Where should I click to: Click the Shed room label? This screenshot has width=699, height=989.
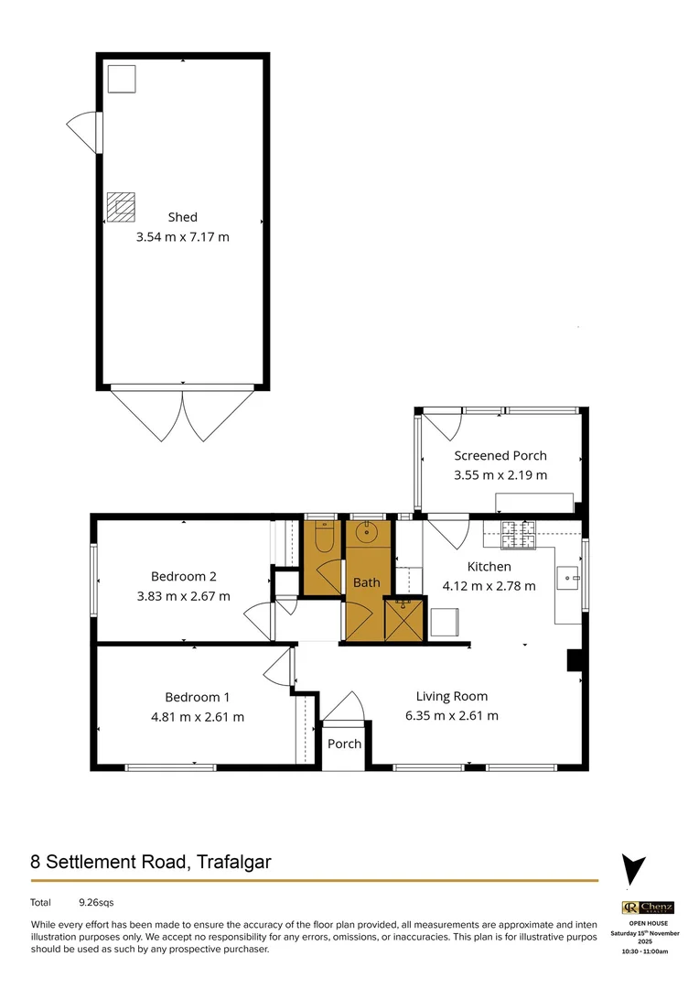click(x=182, y=217)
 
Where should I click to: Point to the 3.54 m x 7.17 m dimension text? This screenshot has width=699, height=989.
click(x=182, y=237)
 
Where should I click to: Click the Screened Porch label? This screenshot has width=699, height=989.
click(x=500, y=456)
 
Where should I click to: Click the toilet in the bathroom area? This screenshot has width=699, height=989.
click(x=324, y=538)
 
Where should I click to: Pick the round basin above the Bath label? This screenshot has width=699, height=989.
click(x=369, y=533)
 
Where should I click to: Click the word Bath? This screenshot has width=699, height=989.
click(x=366, y=582)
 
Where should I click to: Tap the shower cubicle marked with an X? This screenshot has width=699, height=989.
click(x=403, y=618)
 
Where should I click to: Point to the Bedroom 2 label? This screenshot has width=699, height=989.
click(x=183, y=576)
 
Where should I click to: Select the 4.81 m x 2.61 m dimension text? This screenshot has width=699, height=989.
click(x=199, y=717)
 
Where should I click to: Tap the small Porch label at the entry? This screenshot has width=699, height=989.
click(x=344, y=744)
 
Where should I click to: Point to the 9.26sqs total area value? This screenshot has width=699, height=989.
click(x=96, y=903)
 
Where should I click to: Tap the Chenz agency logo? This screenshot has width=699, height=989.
click(x=648, y=907)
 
